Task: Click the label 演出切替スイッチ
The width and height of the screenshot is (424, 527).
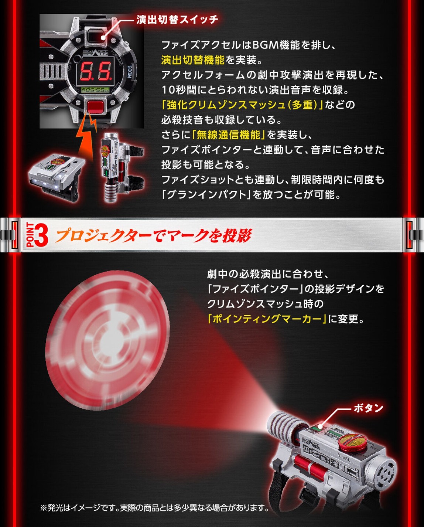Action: pyautogui.click(x=177, y=20)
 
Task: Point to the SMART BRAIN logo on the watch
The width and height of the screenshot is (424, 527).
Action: pyautogui.click(x=95, y=52)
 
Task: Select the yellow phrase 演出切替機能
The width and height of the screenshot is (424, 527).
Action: pyautogui.click(x=193, y=60)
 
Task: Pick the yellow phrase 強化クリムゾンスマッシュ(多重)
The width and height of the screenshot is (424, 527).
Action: pyautogui.click(x=242, y=105)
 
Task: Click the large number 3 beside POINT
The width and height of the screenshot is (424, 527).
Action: pyautogui.click(x=41, y=236)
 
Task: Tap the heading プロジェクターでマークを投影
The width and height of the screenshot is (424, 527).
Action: pyautogui.click(x=153, y=236)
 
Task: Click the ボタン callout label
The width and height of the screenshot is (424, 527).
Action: pyautogui.click(x=368, y=408)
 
